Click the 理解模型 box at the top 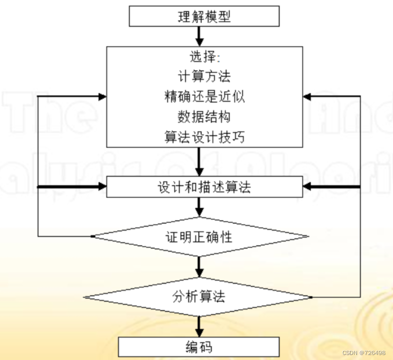[x=204, y=16]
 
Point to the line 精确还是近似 [x=204, y=96]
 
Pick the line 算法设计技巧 [x=204, y=136]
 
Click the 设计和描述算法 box [x=204, y=187]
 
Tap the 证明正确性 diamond [x=199, y=236]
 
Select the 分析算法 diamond [x=198, y=296]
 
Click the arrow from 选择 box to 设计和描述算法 [x=199, y=162]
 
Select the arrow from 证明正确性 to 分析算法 [x=199, y=266]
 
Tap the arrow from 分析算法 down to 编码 [x=199, y=326]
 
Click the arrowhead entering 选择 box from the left [x=102, y=96]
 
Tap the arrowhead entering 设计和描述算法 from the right [x=306, y=187]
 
